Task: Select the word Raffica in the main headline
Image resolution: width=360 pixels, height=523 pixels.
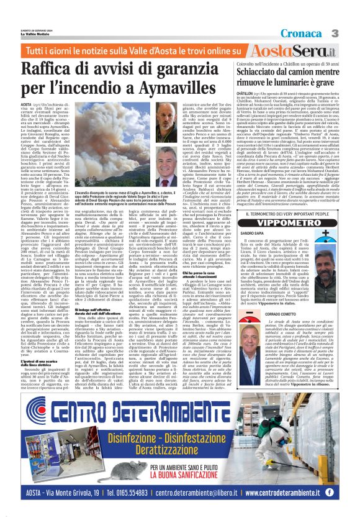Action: (69, 67)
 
